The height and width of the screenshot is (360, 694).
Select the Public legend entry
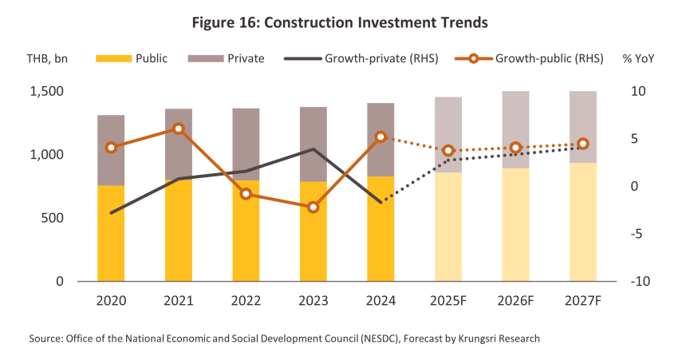click(152, 58)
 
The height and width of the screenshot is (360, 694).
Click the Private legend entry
click(245, 58)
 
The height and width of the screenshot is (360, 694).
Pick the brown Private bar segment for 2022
click(246, 144)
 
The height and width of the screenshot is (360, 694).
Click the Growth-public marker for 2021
click(178, 129)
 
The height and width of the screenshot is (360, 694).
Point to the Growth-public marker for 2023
click(313, 208)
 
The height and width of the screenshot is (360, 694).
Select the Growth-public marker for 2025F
click(448, 151)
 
